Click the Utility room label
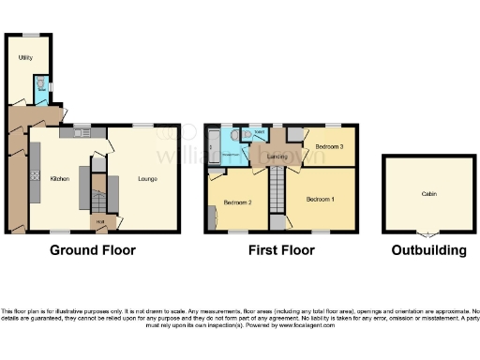tap(25, 58)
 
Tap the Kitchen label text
tap(58, 177)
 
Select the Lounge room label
tap(147, 177)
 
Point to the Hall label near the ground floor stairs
tap(99, 221)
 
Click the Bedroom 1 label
tap(320, 199)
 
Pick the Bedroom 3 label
tap(328, 147)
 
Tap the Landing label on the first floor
tap(276, 156)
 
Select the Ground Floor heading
tap(92, 250)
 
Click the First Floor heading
tap(281, 250)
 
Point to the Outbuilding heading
tap(428, 250)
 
